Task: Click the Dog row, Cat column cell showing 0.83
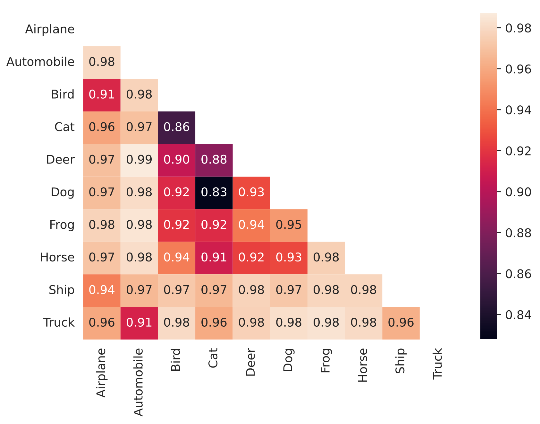point(214,192)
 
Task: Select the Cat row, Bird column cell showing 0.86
point(176,128)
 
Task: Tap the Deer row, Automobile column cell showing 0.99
point(139,160)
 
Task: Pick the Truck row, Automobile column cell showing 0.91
point(139,323)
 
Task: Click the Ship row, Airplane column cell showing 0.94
point(102,290)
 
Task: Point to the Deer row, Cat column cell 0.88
point(214,160)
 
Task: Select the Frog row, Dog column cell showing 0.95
point(289,225)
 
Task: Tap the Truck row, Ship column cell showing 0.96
point(401,323)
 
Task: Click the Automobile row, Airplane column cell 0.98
point(102,62)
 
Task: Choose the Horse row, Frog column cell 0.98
point(326,258)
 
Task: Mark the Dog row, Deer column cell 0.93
point(251,192)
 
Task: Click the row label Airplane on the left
point(50,30)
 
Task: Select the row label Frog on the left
point(62,225)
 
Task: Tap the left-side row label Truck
point(59,322)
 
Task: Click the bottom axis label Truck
point(438,364)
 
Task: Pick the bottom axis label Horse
point(363,365)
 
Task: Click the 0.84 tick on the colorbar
point(518,315)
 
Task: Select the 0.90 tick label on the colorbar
point(518,192)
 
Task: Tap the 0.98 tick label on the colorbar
point(518,29)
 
